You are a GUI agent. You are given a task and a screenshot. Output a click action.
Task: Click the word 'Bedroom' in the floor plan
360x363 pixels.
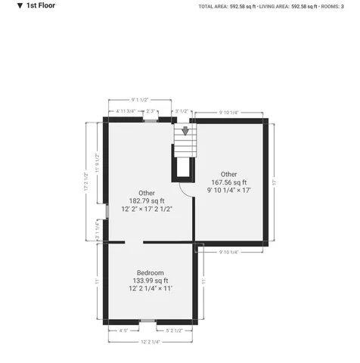click(150, 272)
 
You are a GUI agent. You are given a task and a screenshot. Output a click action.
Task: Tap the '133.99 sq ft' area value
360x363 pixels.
click(150, 281)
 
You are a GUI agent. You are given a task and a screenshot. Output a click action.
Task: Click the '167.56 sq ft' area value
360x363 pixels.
click(228, 182)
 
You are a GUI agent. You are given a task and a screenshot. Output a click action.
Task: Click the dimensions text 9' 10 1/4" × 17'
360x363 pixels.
click(228, 191)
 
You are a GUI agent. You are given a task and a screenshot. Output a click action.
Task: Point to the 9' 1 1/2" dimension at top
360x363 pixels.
click(138, 99)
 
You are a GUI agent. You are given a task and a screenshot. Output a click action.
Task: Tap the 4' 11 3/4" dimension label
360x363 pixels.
click(126, 112)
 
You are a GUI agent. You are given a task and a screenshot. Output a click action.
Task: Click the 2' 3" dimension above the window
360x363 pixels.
click(151, 112)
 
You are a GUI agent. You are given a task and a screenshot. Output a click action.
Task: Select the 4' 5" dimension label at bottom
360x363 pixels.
click(123, 330)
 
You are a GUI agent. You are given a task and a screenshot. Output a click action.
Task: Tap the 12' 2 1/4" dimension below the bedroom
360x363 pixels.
click(150, 342)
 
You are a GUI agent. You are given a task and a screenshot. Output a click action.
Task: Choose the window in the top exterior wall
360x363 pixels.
click(151, 119)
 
